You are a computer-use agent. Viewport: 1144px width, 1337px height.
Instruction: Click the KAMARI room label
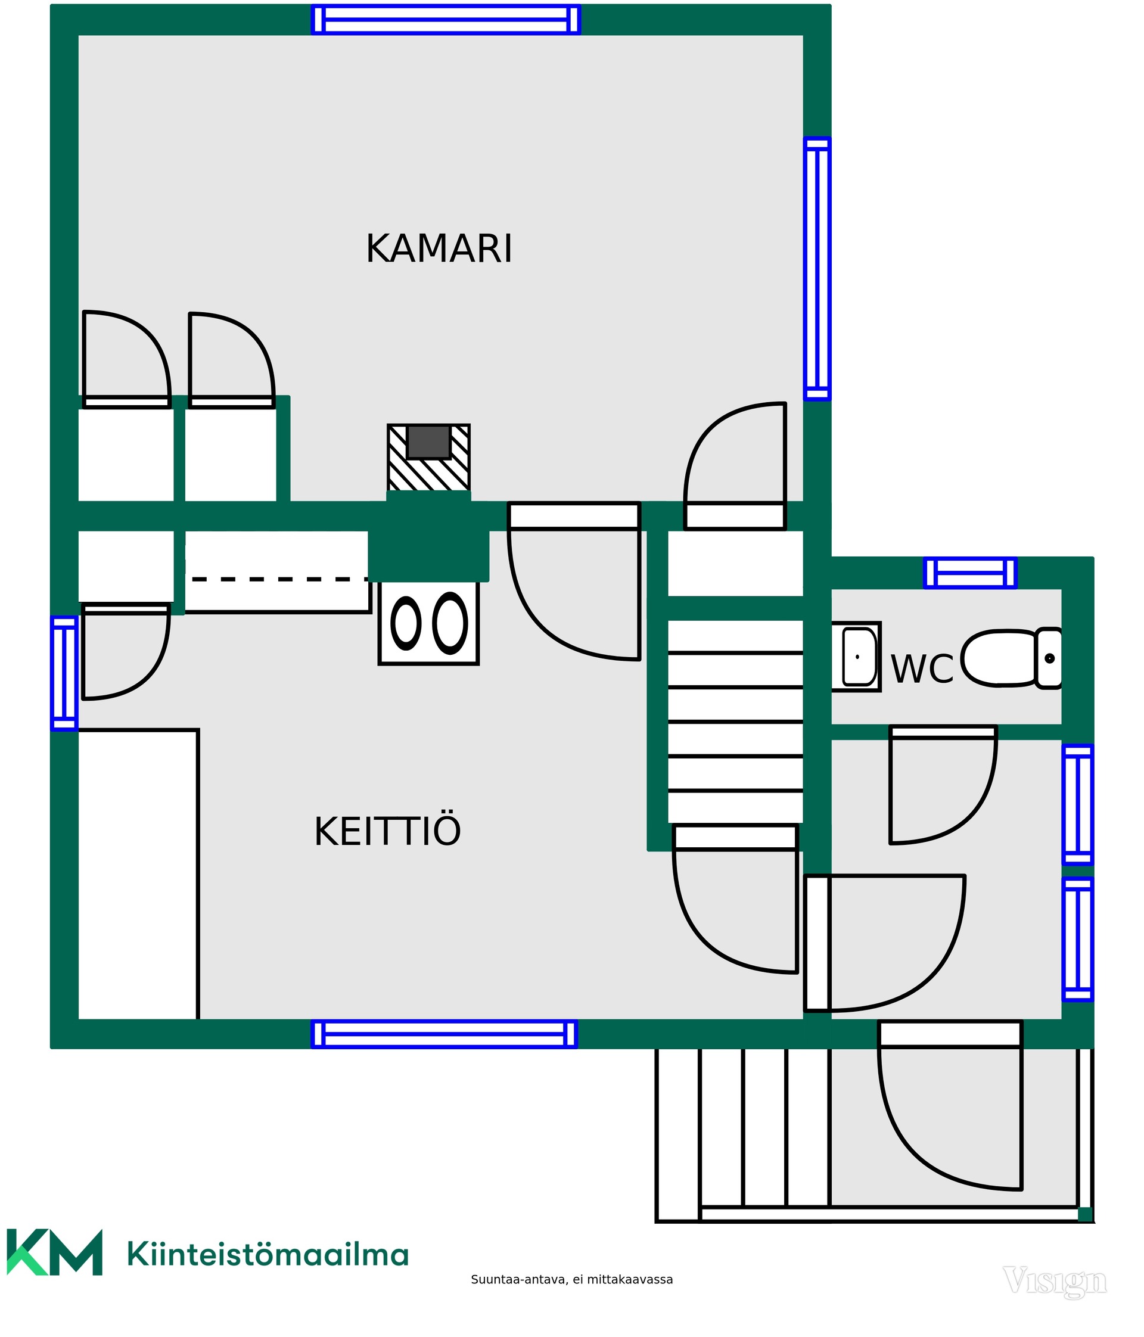coord(439,249)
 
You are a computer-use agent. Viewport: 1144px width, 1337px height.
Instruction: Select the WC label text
coord(922,669)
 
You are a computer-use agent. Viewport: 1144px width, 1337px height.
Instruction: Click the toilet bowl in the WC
coord(1011,658)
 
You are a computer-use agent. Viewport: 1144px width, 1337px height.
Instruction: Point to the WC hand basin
coord(856,657)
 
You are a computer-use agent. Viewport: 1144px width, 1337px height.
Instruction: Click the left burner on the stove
coord(406,623)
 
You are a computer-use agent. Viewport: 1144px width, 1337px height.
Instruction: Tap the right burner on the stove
coord(450,623)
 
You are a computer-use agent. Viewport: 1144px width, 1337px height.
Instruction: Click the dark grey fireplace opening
coord(428,441)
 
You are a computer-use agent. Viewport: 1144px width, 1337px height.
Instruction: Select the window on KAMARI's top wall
coord(446,19)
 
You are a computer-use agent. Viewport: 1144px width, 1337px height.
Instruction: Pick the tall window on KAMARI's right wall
coord(817,269)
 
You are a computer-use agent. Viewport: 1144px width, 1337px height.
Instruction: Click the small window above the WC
coord(970,573)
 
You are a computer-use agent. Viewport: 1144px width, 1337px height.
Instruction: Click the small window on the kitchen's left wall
coord(64,674)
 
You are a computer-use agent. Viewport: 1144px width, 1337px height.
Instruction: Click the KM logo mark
coord(55,1252)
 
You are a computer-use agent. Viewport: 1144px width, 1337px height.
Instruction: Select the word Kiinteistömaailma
coord(268,1254)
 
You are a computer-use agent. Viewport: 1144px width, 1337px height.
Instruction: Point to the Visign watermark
coord(1055,1282)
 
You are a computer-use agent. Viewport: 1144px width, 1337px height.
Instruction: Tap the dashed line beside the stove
coord(279,579)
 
